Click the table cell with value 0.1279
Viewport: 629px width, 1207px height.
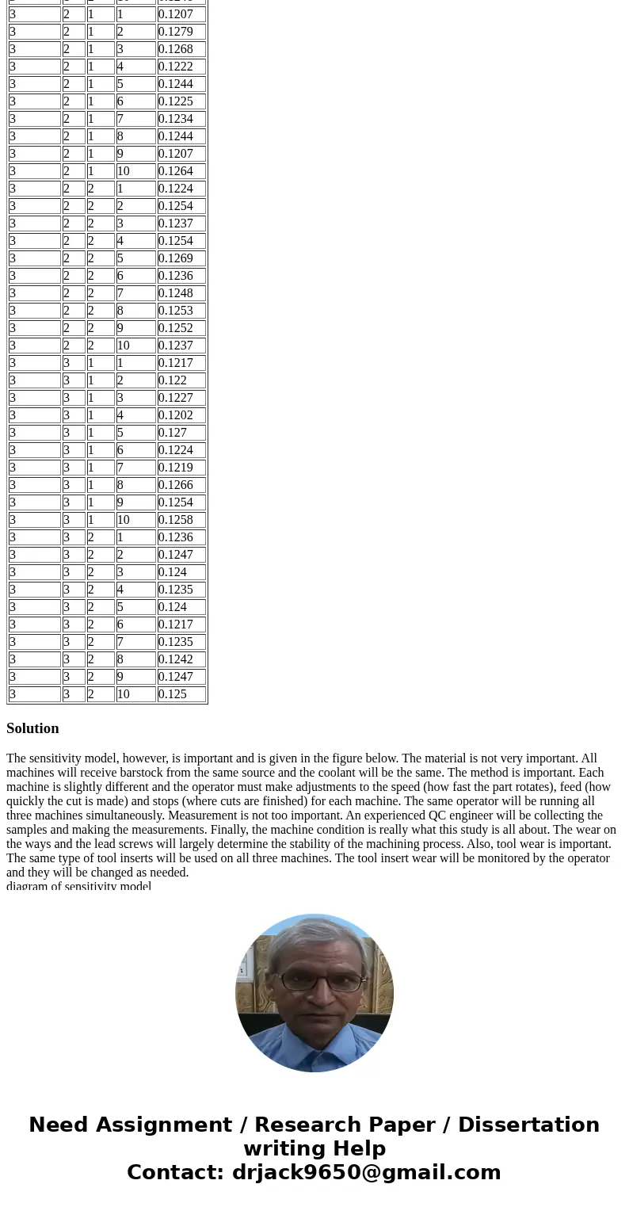coord(181,32)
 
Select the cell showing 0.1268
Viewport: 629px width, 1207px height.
coord(181,49)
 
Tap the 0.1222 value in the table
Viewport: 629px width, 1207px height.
coord(181,67)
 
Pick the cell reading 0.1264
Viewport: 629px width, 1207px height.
coord(181,171)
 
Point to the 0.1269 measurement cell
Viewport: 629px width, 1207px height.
coord(181,258)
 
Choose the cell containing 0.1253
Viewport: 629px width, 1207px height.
coord(181,311)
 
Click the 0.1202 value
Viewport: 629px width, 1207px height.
coord(181,415)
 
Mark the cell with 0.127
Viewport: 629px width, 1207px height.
coord(181,433)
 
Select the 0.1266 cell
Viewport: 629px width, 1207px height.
coord(181,485)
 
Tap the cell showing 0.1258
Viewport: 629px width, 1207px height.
coord(181,520)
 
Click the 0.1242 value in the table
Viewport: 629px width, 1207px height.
coord(181,659)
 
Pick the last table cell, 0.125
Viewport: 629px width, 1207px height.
coord(181,694)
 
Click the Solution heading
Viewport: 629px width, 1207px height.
coord(32,728)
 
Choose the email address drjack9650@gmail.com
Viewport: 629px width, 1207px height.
coord(366,1172)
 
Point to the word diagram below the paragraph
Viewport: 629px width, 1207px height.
coord(28,886)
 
